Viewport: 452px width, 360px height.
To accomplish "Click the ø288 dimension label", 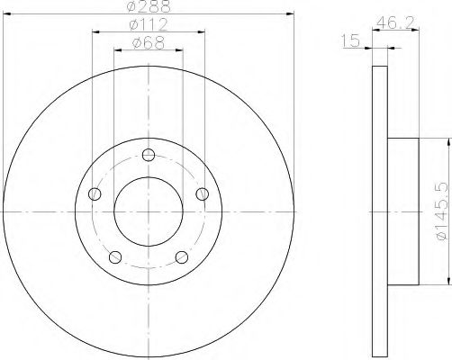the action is click(x=149, y=6).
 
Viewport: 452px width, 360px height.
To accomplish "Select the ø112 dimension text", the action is click(x=149, y=24).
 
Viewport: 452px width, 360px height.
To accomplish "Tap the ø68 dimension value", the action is click(x=149, y=43).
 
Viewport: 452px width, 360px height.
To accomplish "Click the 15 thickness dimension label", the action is click(x=350, y=40).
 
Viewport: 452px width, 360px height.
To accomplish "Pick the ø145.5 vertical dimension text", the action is click(x=442, y=211).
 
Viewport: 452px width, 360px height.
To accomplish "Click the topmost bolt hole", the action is click(x=149, y=155).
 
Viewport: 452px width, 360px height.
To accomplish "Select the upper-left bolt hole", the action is click(x=95, y=193).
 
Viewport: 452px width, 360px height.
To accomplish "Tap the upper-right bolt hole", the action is click(x=203, y=193).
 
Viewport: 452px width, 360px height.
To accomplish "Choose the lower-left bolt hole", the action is click(x=115, y=257).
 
